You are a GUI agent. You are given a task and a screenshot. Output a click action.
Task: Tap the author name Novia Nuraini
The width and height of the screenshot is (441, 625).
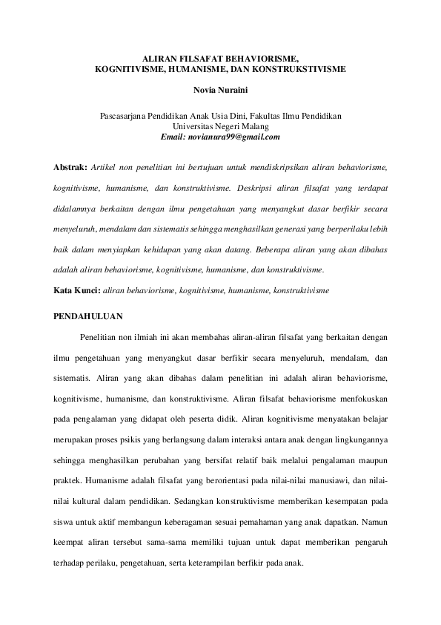pyautogui.click(x=220, y=92)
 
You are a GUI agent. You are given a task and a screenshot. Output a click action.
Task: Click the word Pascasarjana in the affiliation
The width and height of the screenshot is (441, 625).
pyautogui.click(x=124, y=117)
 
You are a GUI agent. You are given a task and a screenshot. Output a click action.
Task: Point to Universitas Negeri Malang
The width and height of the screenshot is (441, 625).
pyautogui.click(x=220, y=127)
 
